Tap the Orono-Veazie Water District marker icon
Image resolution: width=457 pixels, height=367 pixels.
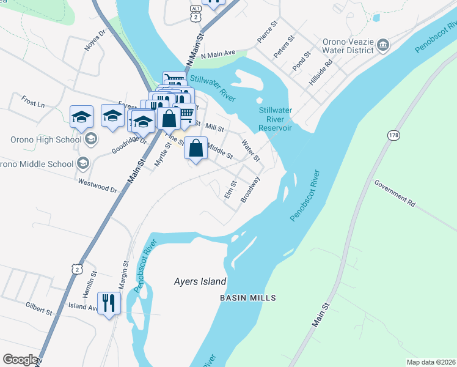click(383, 44)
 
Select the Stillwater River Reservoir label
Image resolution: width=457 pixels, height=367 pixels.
click(275, 119)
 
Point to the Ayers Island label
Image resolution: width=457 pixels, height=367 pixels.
click(197, 282)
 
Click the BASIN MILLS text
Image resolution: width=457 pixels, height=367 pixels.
click(248, 298)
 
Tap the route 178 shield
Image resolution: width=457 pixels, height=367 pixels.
click(392, 135)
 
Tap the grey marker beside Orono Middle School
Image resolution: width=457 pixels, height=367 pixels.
click(82, 163)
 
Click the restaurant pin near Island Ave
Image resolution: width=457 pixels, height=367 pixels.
click(109, 303)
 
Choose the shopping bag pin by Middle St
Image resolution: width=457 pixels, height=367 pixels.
click(196, 149)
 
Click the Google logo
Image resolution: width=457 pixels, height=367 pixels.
click(21, 360)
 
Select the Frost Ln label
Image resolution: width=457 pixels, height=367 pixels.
click(33, 101)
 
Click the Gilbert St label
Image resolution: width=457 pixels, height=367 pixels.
click(38, 308)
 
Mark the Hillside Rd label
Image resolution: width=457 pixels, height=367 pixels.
click(321, 72)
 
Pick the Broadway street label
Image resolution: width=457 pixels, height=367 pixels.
click(250, 190)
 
